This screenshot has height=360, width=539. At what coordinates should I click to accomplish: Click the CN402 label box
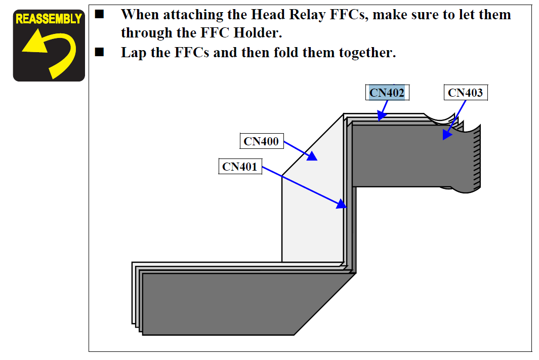pos(387,93)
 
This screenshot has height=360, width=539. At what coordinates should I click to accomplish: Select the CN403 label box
pos(466,93)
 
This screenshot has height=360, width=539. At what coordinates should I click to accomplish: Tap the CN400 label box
pos(261,141)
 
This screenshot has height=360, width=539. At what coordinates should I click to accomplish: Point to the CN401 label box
pos(240,166)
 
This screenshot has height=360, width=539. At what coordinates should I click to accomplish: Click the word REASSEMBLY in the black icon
pos(49,19)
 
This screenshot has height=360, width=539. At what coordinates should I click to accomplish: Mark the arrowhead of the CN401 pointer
pos(343,205)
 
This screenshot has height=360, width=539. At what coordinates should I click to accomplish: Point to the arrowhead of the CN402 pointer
pos(380,117)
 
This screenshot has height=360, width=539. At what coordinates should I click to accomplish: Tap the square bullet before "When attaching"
pos(99,15)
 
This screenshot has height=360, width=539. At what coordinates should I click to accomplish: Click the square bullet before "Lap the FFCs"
pos(99,52)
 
